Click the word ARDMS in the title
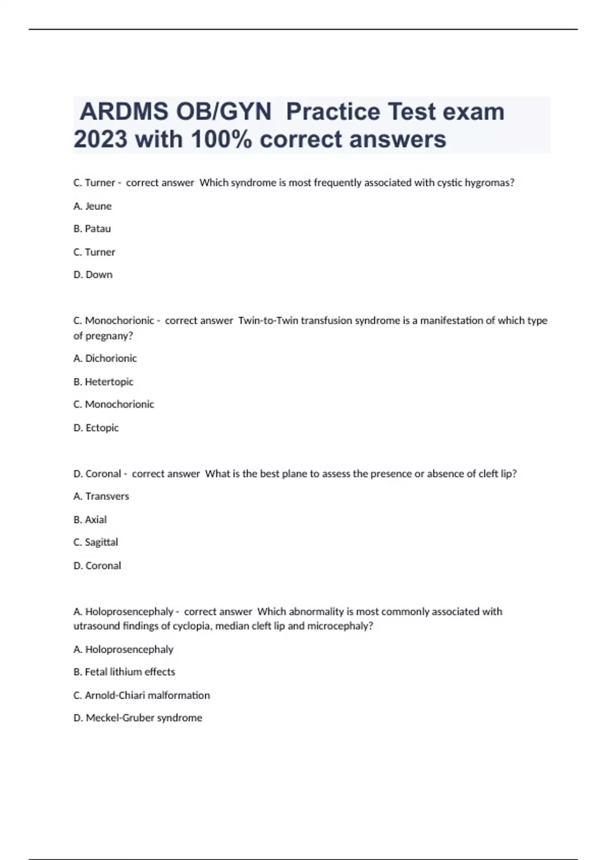[x=124, y=112]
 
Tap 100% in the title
[x=221, y=139]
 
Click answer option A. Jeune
[x=93, y=206]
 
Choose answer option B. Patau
[x=92, y=229]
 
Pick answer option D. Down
[x=93, y=275]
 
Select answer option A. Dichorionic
[x=105, y=358]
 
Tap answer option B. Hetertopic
[x=104, y=381]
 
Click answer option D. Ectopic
[x=96, y=427]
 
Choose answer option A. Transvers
[x=101, y=496]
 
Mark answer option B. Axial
[x=90, y=520]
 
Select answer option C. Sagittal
[x=96, y=542]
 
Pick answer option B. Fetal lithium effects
[x=124, y=672]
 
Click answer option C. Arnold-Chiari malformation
[x=142, y=695]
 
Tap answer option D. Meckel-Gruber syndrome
[x=138, y=718]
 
